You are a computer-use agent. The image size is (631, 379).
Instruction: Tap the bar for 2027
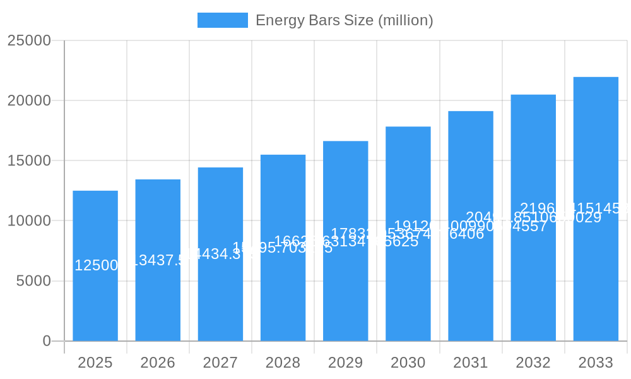(x=220, y=297)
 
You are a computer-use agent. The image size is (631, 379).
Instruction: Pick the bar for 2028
(x=283, y=297)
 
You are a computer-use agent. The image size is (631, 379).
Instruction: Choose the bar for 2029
(x=345, y=297)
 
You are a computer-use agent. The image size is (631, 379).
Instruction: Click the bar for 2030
(x=408, y=297)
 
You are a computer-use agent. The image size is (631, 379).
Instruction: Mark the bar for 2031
(x=471, y=297)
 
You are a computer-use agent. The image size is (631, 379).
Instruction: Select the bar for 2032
(x=533, y=297)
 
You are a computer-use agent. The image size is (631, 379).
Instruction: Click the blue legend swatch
(x=222, y=20)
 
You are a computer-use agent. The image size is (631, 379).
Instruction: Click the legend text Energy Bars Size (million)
(x=344, y=20)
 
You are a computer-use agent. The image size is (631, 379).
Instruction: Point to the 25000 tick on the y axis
(x=29, y=40)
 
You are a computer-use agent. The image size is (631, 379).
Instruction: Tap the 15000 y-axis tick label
(x=29, y=160)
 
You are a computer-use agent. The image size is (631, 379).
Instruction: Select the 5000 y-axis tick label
(x=33, y=281)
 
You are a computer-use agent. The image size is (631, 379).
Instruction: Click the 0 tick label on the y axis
(x=47, y=341)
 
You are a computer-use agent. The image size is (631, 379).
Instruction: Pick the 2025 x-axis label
(x=95, y=363)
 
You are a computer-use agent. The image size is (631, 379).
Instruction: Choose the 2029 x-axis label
(x=345, y=363)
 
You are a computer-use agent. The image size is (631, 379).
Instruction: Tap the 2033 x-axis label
(x=596, y=363)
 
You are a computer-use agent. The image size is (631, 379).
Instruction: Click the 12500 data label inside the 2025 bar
(x=96, y=265)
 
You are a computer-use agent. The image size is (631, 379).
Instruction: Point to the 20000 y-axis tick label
(x=29, y=100)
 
